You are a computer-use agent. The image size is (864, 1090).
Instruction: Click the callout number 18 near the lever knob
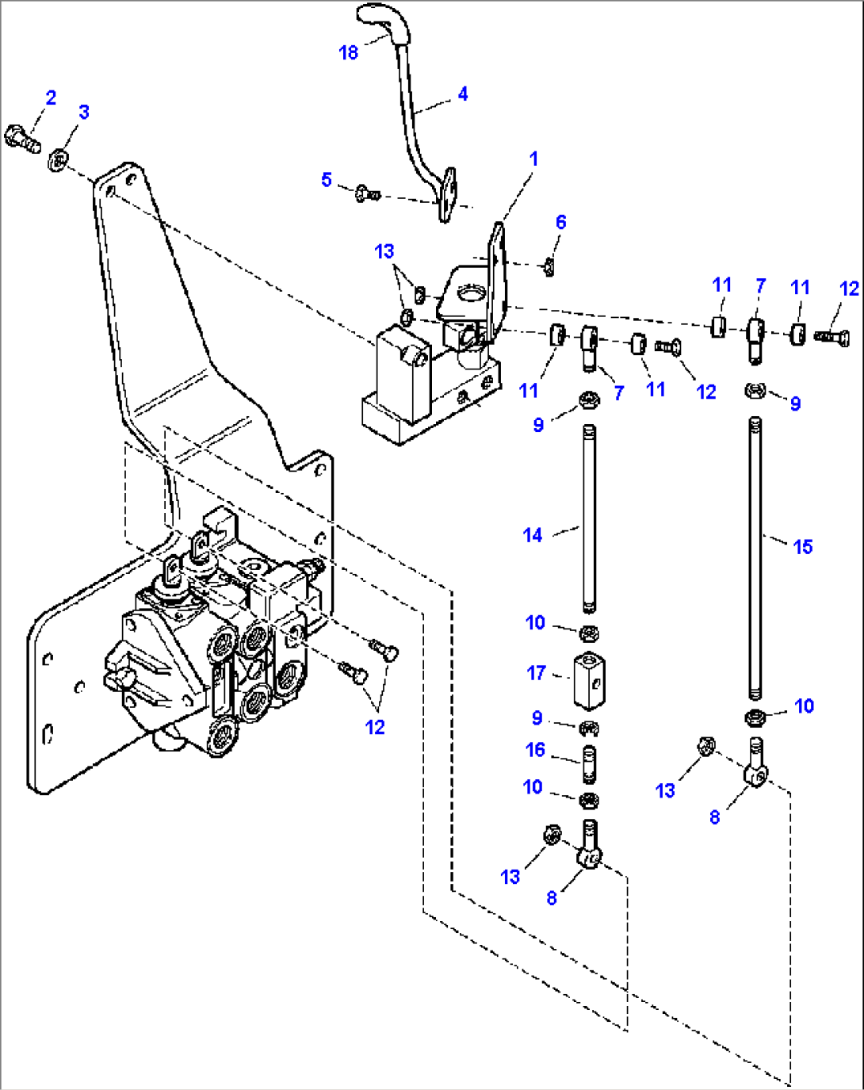coord(349,52)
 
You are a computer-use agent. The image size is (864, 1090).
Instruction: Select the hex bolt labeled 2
coord(21,137)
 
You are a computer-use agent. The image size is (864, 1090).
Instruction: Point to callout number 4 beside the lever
coord(463,94)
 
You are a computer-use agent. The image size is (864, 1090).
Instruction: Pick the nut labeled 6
coord(548,270)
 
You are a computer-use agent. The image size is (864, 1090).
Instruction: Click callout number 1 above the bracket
coord(533,159)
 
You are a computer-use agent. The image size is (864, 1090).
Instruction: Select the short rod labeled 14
coord(589,519)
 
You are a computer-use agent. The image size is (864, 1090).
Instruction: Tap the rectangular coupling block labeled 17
coord(589,679)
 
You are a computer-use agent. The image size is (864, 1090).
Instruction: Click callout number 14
coord(533,535)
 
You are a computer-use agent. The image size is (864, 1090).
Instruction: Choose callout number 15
coord(802,546)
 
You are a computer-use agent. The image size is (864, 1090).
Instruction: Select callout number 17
coord(537,673)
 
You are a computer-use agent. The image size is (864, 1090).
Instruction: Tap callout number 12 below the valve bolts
coord(375,727)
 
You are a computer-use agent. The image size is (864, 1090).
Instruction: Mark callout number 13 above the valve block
coord(384,251)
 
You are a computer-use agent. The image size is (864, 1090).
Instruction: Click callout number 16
coord(536,749)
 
